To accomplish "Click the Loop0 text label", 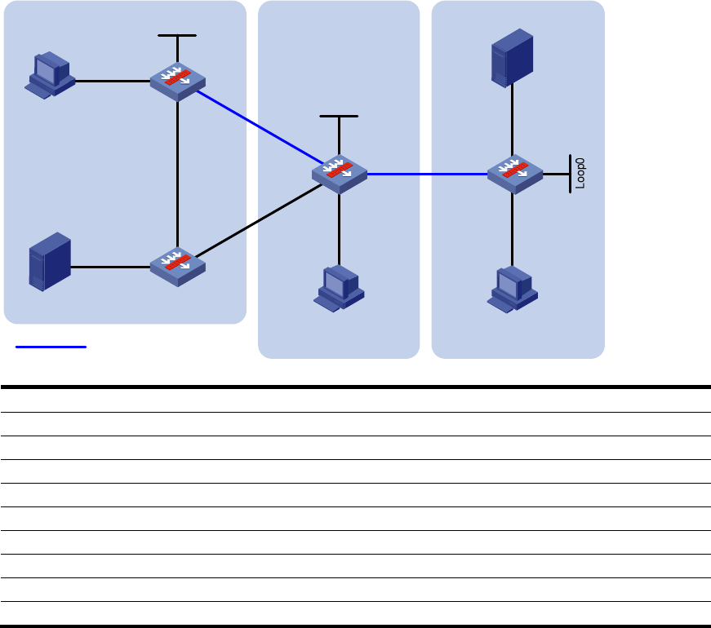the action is pos(580,174).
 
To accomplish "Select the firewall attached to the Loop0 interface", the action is pos(514,175).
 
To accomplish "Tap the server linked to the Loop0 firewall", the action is pos(513,58).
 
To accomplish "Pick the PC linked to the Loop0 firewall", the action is pos(513,290).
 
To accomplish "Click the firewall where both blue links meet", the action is pos(340,175).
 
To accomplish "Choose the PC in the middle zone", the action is pos(339,289).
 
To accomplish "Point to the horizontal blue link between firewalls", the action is pos(427,174).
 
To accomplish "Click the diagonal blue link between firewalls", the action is pos(260,127).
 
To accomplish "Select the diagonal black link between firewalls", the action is pos(259,221).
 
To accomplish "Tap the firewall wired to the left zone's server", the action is pos(178,268).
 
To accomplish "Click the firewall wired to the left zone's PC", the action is pos(178,82).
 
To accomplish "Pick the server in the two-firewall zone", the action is pos(50,262).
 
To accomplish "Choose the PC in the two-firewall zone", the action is pos(50,75).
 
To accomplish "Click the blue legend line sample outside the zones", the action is pos(51,347).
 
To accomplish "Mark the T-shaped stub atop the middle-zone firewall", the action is pos(339,135).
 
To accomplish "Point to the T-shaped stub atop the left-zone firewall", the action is pos(177,49).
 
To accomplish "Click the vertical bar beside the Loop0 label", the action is pos(570,174).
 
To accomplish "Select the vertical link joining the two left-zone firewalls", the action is pos(177,175).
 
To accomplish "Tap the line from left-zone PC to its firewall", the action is pos(113,81).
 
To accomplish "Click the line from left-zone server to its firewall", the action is pos(110,268).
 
